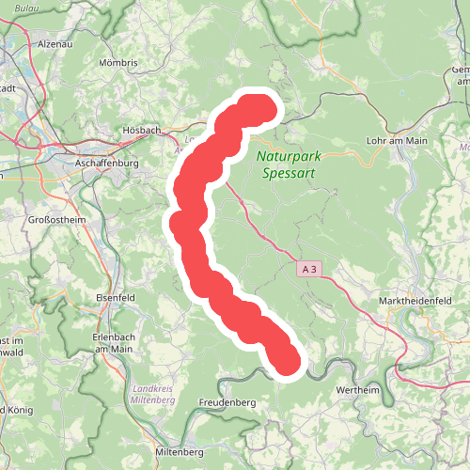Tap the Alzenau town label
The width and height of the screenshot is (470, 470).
pyautogui.click(x=55, y=44)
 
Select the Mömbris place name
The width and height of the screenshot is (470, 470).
pyautogui.click(x=117, y=63)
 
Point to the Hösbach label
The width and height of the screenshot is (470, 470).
pyautogui.click(x=142, y=130)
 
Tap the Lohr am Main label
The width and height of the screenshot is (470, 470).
pyautogui.click(x=396, y=141)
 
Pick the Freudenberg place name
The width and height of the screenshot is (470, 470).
pyautogui.click(x=227, y=402)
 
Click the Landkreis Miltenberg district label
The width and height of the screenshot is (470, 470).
pyautogui.click(x=153, y=393)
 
